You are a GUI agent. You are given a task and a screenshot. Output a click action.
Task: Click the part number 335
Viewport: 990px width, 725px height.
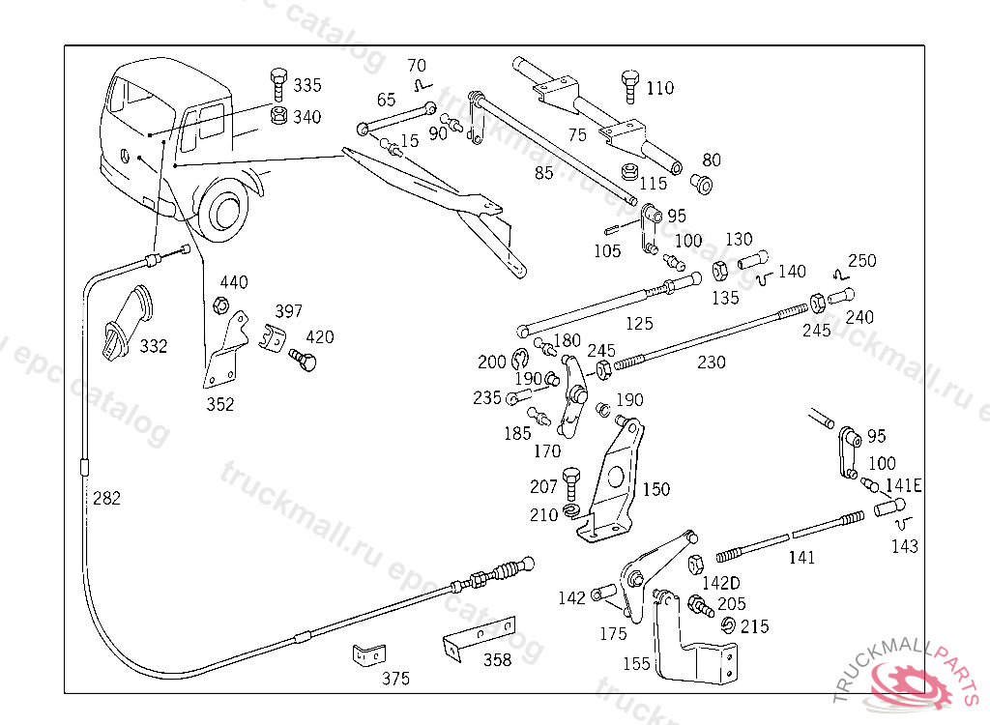tap(307, 85)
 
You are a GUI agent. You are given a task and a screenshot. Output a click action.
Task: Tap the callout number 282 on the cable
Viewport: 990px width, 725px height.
tap(106, 499)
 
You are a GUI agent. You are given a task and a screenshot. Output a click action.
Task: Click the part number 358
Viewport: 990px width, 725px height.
tap(497, 660)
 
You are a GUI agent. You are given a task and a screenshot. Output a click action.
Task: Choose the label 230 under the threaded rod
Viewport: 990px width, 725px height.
tap(712, 362)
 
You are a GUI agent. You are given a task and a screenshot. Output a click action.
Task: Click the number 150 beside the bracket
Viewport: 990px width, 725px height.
tap(655, 490)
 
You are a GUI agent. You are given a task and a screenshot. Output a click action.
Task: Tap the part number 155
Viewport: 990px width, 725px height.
tap(636, 664)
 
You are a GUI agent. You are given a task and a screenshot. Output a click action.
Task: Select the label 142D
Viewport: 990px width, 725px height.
tap(720, 583)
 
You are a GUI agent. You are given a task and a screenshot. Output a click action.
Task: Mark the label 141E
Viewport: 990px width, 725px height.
tap(903, 485)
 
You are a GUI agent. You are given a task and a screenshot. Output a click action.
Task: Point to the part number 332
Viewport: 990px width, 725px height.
tap(153, 345)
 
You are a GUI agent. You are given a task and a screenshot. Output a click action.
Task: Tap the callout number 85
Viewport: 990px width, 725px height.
tap(544, 174)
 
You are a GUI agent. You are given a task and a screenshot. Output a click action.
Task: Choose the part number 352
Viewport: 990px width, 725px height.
tap(219, 405)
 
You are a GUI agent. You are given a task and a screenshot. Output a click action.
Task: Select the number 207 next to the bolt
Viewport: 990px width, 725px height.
tap(543, 487)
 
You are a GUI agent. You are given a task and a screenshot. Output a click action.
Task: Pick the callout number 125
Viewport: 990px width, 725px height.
tap(638, 324)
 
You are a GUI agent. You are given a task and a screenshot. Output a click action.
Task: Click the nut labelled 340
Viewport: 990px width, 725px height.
tap(277, 117)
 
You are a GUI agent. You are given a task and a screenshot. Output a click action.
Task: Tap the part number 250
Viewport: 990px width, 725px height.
tap(862, 261)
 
